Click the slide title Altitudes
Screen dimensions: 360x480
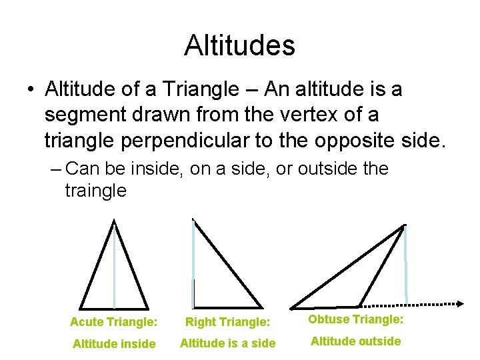coord(239,45)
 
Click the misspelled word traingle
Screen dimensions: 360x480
coord(95,191)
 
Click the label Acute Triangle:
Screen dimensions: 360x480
coord(113,322)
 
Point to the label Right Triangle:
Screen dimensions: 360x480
coord(227,322)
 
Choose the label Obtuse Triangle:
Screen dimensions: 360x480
coord(355,319)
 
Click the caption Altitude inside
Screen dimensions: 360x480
coord(113,344)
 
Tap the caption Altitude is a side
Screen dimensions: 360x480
coord(227,344)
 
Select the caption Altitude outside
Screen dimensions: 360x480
coord(355,341)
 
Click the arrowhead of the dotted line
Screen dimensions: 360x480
coord(459,303)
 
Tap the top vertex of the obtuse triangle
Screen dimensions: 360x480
coord(404,226)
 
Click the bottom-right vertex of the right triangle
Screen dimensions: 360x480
coord(261,307)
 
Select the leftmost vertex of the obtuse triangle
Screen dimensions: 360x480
coord(292,307)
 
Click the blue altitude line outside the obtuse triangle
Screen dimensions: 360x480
coord(405,267)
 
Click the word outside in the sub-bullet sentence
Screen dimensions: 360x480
coord(325,169)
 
